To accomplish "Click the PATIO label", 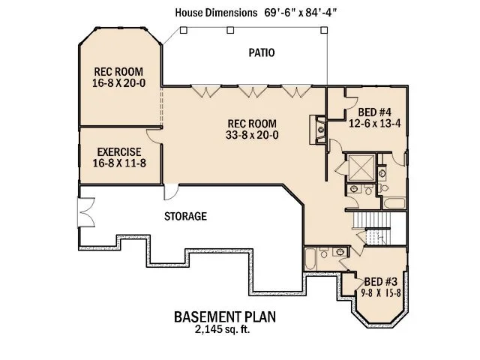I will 261,53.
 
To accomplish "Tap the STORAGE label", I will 185,216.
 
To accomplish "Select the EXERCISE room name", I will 119,151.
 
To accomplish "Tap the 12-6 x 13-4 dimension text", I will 369,125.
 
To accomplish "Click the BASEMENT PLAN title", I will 225,316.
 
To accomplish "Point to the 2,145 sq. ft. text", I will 225,328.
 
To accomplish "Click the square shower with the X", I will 358,167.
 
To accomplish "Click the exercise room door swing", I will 153,135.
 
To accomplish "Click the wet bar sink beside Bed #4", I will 320,125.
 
